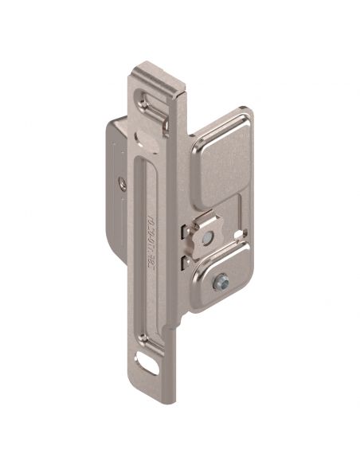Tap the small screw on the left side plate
(121, 182)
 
